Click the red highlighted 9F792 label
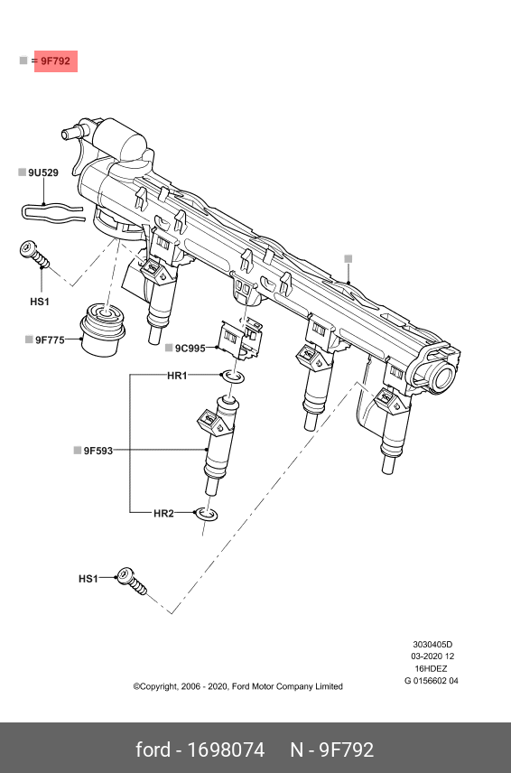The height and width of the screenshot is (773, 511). tap(56, 61)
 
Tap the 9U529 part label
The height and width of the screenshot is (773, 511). tap(43, 172)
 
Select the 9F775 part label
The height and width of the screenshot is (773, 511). tap(50, 340)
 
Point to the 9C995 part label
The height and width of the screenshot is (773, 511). tap(190, 349)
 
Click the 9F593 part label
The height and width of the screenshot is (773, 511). tap(98, 451)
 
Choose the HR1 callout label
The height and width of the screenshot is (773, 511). tap(177, 376)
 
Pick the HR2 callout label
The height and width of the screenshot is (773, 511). tap(163, 513)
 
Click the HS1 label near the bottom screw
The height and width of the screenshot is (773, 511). tap(88, 578)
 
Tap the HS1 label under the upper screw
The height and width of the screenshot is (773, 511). tap(40, 302)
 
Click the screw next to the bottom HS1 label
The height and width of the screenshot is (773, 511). tap(132, 582)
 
